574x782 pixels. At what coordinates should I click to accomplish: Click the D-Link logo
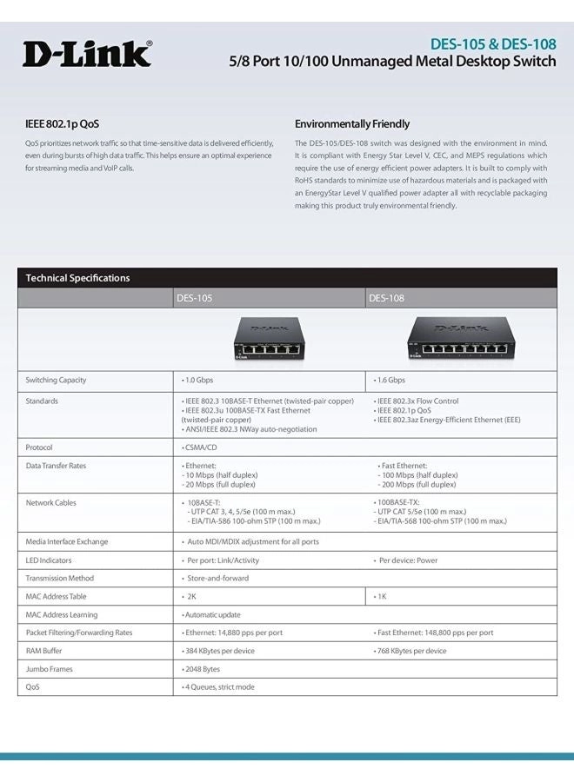click(x=87, y=54)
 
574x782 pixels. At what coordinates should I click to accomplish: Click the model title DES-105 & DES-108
click(x=493, y=43)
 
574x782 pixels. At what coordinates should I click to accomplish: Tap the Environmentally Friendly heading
click(x=351, y=124)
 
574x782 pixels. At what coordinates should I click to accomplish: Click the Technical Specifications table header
click(x=77, y=278)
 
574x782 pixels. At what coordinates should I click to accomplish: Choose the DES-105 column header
click(x=194, y=298)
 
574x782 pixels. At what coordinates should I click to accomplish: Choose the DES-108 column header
click(x=386, y=298)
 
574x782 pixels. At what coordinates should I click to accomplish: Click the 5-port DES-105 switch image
click(x=269, y=338)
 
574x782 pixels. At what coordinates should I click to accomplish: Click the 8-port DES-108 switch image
click(x=460, y=338)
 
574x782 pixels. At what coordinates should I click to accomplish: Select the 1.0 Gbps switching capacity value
click(x=197, y=381)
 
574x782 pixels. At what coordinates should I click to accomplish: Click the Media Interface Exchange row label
click(x=67, y=541)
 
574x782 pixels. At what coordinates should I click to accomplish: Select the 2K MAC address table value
click(x=190, y=597)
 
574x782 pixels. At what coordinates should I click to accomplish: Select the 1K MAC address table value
click(x=381, y=597)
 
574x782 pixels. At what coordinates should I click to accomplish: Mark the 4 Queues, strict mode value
click(x=218, y=687)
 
